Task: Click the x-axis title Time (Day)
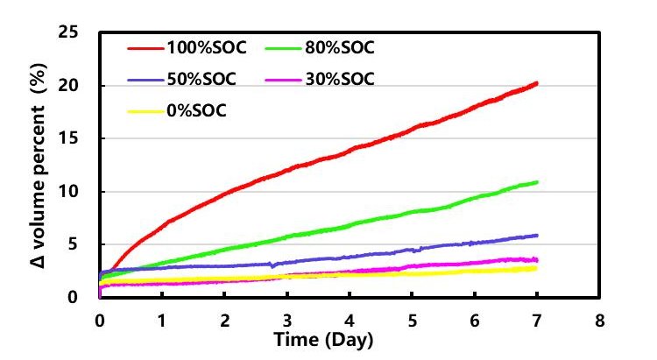324,339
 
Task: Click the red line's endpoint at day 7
536,83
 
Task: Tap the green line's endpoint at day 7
536,182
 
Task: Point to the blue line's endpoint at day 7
536,235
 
